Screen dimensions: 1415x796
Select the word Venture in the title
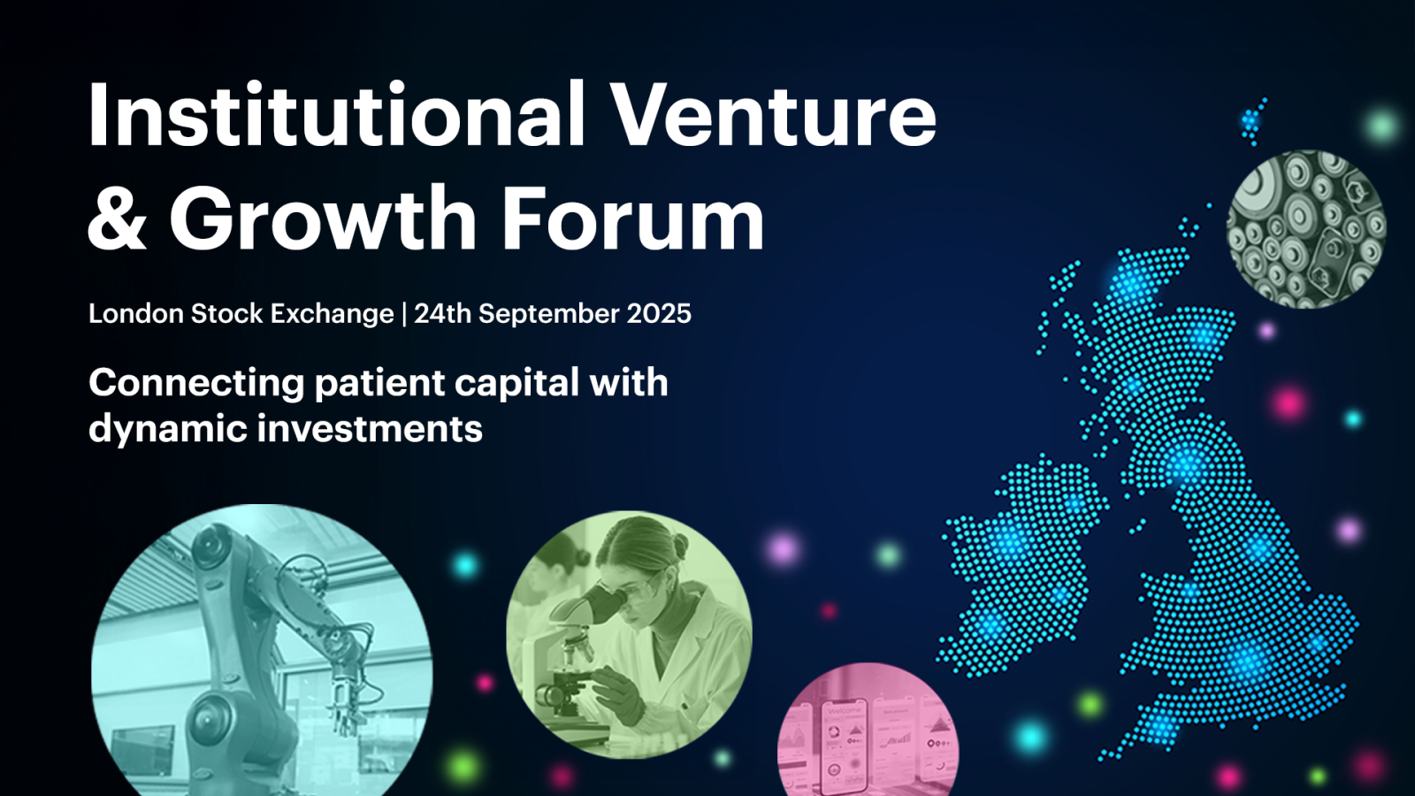click(775, 115)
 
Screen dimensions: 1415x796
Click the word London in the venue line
click(136, 313)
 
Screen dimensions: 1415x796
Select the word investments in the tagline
click(370, 428)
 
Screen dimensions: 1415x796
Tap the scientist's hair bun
click(681, 544)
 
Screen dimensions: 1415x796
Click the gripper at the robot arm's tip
click(344, 702)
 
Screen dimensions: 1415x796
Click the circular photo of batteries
click(1306, 229)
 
